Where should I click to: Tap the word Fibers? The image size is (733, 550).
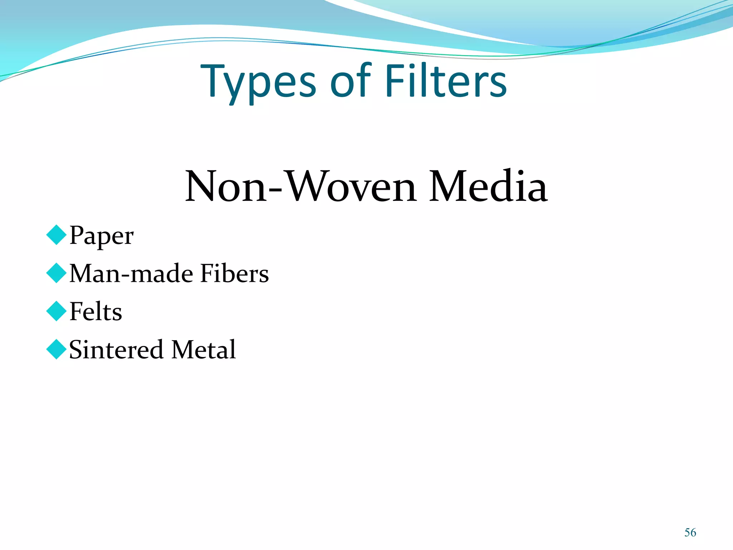[x=234, y=274]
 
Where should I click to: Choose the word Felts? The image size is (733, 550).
[x=96, y=312]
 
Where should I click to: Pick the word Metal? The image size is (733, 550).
[x=203, y=349]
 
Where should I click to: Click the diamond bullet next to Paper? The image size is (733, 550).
[x=57, y=235]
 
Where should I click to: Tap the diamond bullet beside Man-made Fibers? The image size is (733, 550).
[x=57, y=273]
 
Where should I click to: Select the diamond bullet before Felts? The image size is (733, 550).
[x=57, y=311]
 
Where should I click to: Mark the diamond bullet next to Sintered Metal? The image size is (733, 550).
[x=57, y=349]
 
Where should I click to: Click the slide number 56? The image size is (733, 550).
[x=690, y=532]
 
